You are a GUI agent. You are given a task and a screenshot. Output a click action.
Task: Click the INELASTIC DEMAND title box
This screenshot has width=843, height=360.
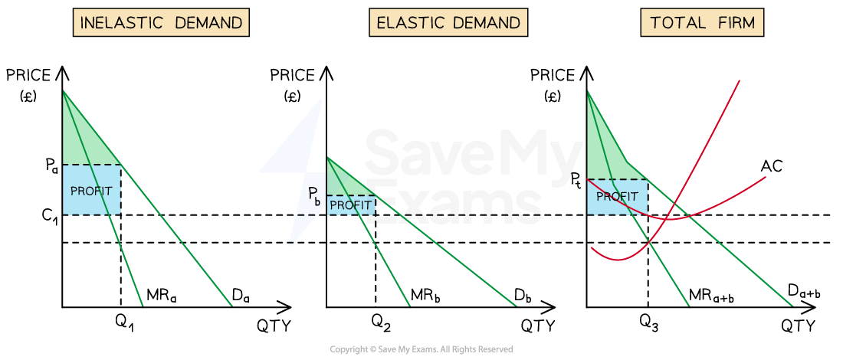click(161, 23)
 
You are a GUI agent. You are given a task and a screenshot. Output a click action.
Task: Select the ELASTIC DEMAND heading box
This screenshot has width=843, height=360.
click(448, 23)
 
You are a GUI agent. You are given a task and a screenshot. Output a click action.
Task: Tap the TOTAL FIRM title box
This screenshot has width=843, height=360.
click(702, 23)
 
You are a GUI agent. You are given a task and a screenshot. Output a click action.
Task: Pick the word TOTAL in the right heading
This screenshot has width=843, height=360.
click(677, 23)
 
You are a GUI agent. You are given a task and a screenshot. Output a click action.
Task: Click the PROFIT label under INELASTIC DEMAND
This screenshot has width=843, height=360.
click(91, 191)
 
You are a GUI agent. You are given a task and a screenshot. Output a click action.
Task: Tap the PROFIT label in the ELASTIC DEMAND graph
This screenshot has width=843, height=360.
click(350, 205)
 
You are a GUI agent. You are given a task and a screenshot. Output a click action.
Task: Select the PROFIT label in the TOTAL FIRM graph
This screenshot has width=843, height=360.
click(617, 197)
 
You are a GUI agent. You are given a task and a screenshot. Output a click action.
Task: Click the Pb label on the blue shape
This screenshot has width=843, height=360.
click(314, 195)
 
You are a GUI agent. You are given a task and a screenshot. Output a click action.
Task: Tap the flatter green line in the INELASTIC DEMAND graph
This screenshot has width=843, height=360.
click(192, 253)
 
